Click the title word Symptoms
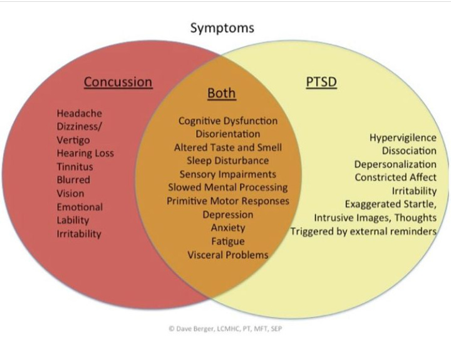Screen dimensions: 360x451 (x=222, y=28)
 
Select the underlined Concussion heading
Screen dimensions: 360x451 (x=118, y=82)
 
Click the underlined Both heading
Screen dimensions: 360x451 (x=222, y=94)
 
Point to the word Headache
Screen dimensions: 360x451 (x=79, y=113)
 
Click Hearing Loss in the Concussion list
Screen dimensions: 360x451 (x=85, y=153)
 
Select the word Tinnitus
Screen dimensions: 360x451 (x=75, y=167)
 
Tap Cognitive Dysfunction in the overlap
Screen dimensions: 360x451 (x=228, y=121)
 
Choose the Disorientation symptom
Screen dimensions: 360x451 (x=228, y=134)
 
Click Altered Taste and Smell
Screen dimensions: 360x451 (x=228, y=147)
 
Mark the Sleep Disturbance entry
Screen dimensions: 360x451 (x=228, y=160)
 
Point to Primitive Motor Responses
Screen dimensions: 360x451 (x=228, y=201)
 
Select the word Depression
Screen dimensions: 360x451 (x=228, y=214)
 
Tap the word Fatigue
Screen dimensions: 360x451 (x=228, y=241)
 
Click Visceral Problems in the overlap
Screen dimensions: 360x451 (x=228, y=255)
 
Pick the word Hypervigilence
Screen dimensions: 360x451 (x=403, y=137)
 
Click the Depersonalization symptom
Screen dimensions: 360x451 (x=395, y=164)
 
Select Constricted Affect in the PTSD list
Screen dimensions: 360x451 (x=395, y=177)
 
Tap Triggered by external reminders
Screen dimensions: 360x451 (x=363, y=231)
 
